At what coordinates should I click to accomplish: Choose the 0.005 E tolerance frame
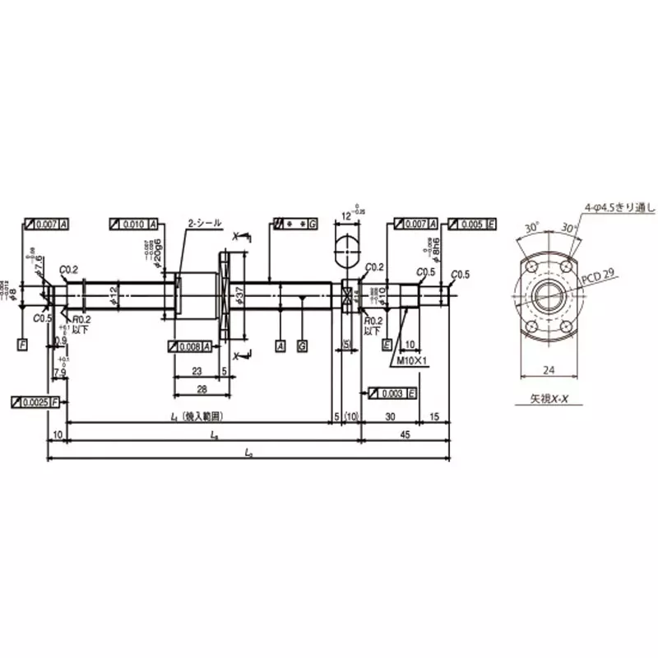[473, 224]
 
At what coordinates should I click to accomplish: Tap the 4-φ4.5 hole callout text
[618, 206]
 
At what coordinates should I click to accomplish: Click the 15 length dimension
[434, 417]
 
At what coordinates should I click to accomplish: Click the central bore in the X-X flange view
[547, 294]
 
